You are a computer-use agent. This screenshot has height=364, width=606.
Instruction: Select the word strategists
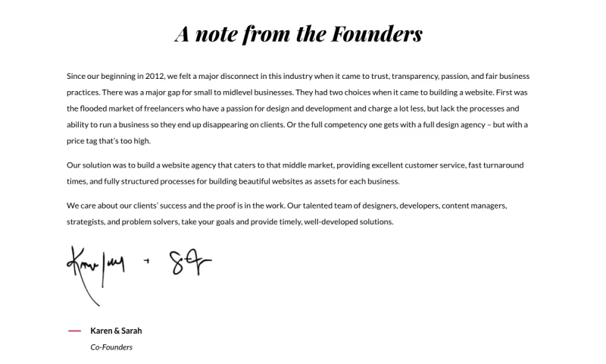(86, 221)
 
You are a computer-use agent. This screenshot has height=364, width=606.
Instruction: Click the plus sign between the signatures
(146, 261)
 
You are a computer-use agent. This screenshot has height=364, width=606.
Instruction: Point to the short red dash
(74, 331)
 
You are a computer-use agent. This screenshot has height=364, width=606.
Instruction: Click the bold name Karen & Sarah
(116, 331)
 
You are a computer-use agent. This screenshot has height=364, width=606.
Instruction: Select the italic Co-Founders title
(111, 347)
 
